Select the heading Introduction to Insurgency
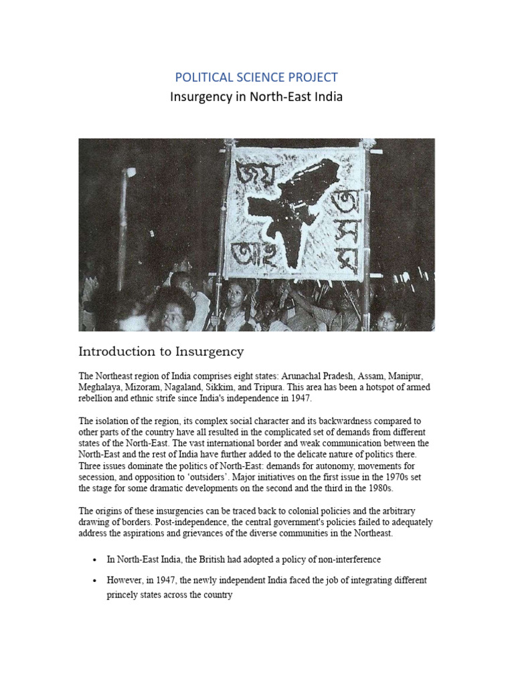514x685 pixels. click(x=161, y=351)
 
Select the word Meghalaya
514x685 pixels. click(x=102, y=386)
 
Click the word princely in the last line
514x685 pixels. click(x=122, y=594)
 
